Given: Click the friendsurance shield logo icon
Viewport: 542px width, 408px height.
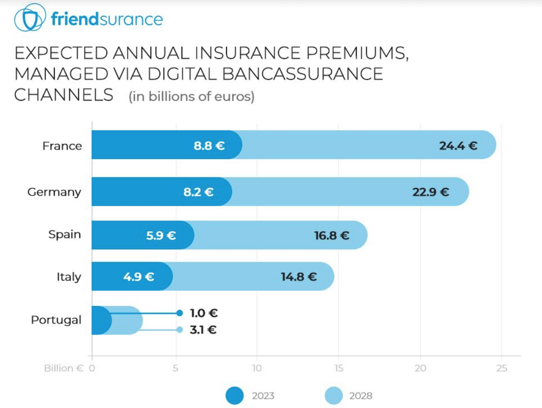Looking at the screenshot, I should pyautogui.click(x=30, y=18).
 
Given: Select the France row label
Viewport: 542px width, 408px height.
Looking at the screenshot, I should pyautogui.click(x=62, y=146).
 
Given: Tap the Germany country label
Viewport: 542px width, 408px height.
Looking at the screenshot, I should pyautogui.click(x=54, y=192).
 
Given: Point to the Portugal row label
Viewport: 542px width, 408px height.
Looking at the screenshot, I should pyautogui.click(x=56, y=320).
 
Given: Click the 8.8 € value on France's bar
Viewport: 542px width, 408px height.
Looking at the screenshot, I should pyautogui.click(x=209, y=145).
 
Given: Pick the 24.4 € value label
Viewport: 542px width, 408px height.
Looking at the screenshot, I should pyautogui.click(x=458, y=145).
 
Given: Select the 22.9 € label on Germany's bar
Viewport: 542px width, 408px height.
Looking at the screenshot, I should pyautogui.click(x=430, y=192).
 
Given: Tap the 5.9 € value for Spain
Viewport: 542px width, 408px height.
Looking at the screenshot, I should pyautogui.click(x=161, y=235).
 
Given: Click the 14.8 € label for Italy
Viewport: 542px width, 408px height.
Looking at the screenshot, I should pyautogui.click(x=299, y=277).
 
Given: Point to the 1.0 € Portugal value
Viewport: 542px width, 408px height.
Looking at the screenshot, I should pyautogui.click(x=203, y=313).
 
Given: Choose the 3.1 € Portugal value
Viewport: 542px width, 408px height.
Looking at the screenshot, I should pyautogui.click(x=203, y=330).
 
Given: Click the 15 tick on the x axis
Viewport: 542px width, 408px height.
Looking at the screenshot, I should pyautogui.click(x=339, y=368).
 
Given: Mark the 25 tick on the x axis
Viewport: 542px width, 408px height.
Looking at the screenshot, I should pyautogui.click(x=502, y=368).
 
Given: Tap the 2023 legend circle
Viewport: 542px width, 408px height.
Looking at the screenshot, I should pyautogui.click(x=234, y=395).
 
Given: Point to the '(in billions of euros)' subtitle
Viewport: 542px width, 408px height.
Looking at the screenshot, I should pyautogui.click(x=192, y=97).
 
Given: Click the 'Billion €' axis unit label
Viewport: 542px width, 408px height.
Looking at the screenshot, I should pyautogui.click(x=64, y=368).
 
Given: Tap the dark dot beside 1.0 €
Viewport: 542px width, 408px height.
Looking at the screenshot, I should pyautogui.click(x=179, y=313).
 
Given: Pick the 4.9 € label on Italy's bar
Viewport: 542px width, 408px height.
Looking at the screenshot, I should pyautogui.click(x=139, y=277).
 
